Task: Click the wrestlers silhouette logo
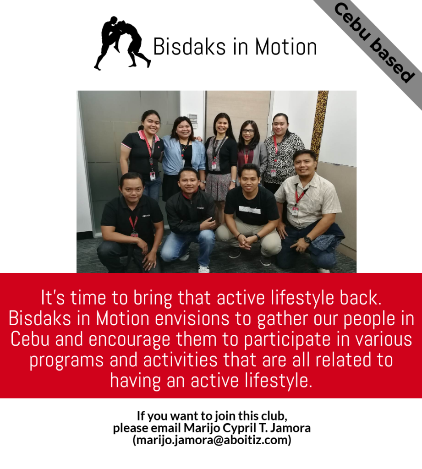(x=122, y=43)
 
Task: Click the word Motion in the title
(x=286, y=47)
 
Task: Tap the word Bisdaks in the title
(x=189, y=47)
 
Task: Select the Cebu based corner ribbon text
(x=374, y=43)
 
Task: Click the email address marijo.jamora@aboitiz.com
(x=212, y=440)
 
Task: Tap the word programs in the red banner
(x=66, y=361)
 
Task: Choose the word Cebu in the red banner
(x=30, y=339)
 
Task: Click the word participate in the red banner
(x=287, y=340)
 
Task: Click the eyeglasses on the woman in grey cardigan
(x=248, y=131)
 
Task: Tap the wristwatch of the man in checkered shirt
(x=307, y=239)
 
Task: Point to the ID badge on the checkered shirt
(x=295, y=211)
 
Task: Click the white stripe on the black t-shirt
(x=250, y=210)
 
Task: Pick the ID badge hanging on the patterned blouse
(x=274, y=173)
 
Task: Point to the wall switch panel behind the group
(x=193, y=119)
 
